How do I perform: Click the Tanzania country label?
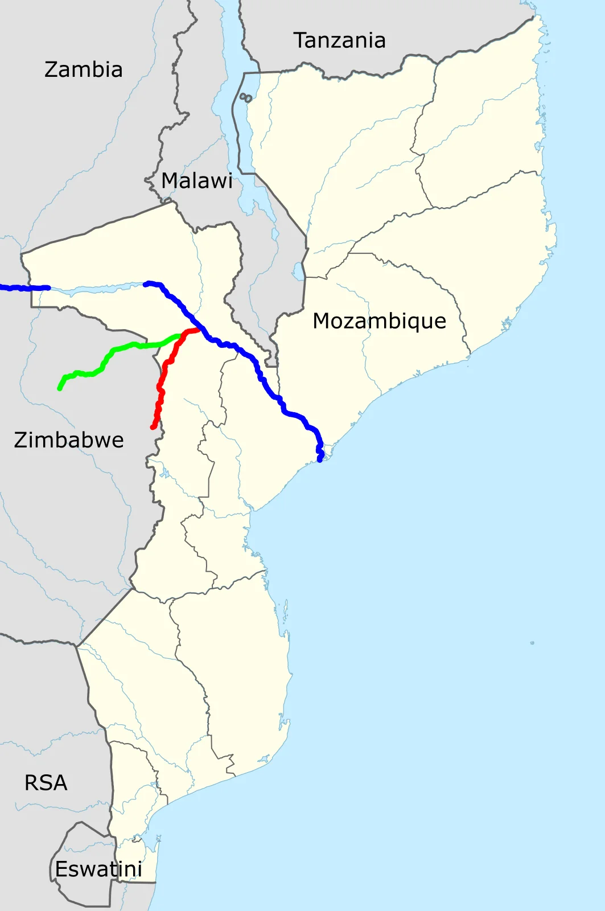pos(339,40)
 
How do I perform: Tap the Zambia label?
pos(83,69)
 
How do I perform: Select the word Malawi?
pos(197,180)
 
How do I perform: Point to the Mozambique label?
pos(379,321)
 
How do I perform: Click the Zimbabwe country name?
pos(69,440)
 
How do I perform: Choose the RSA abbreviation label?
pos(46,783)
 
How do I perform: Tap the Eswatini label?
pos(98,869)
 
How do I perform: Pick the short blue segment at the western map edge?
pos(23,288)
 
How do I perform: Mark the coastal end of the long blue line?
pos(320,459)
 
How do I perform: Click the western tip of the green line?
pos(60,388)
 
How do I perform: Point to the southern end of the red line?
pos(153,427)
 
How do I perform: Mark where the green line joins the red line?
pos(181,335)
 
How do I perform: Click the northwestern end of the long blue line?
pos(146,284)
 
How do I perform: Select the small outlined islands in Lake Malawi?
pos(246,98)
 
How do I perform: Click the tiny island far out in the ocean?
pos(532,643)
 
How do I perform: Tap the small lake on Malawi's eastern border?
pos(298,272)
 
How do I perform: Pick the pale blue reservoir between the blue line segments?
pos(97,289)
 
